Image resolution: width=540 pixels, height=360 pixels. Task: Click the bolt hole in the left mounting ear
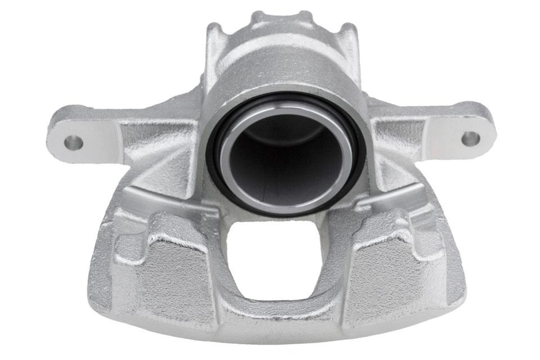click(74, 142)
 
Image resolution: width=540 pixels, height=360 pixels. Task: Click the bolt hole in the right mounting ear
click(470, 138)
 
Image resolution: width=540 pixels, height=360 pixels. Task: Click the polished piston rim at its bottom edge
click(284, 209)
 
